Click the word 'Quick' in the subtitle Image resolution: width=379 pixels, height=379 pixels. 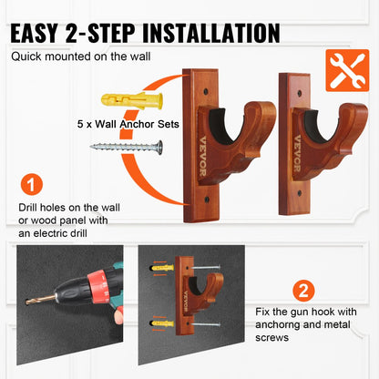(x=28, y=56)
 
